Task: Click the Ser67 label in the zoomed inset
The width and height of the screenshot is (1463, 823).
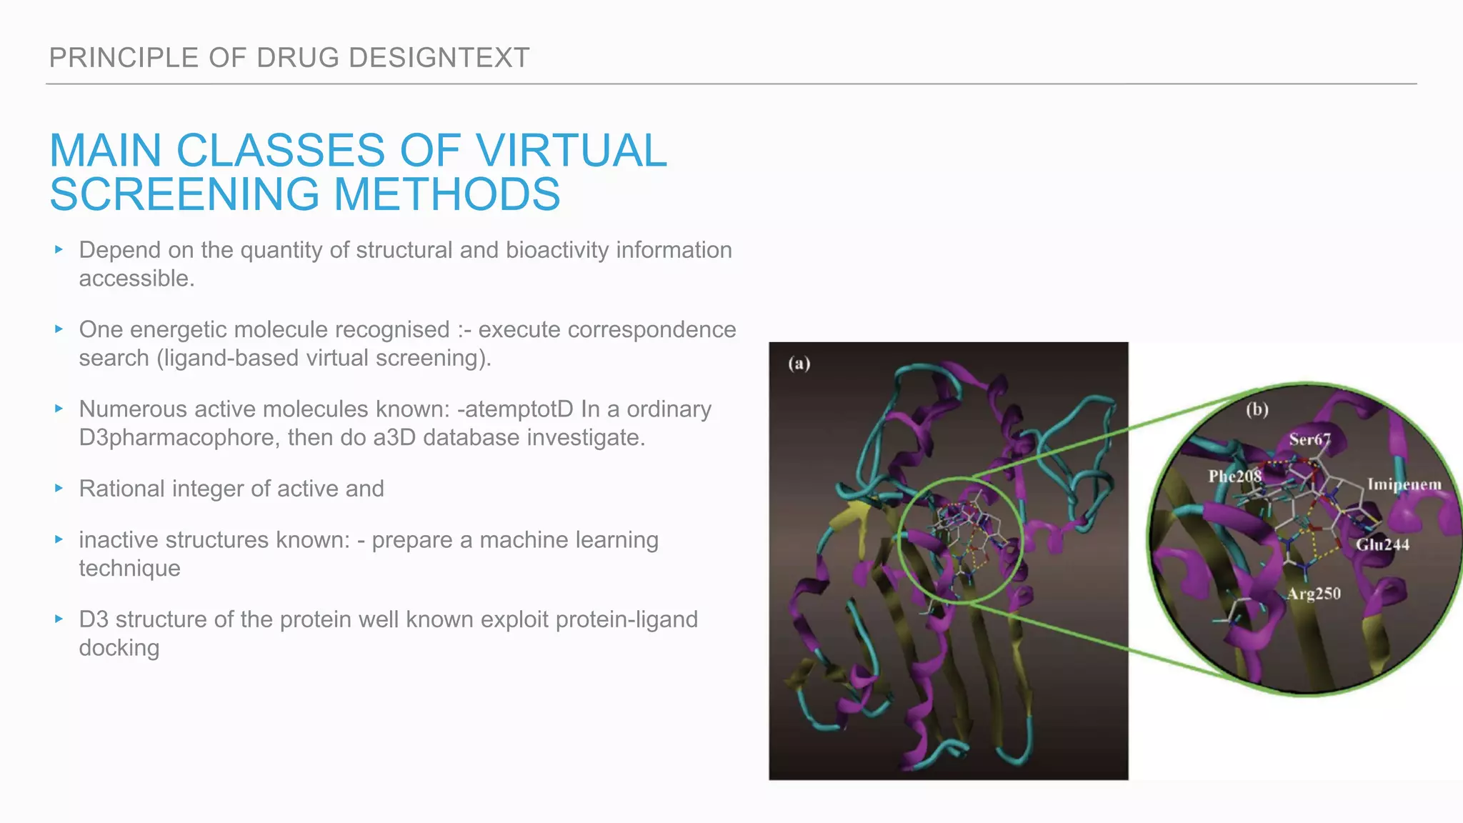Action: coord(1309,439)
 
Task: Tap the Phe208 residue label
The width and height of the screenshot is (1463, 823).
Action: coord(1234,477)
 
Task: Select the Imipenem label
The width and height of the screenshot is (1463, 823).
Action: coord(1404,484)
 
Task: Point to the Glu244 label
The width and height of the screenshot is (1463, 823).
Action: coord(1383,544)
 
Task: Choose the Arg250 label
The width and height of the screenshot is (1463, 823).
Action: coord(1314,594)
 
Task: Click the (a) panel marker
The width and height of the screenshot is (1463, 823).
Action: coord(799,364)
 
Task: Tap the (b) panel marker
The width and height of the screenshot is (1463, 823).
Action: coord(1257,409)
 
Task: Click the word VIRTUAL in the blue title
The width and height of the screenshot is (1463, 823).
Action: coord(571,151)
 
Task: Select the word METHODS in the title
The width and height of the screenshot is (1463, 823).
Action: coord(447,194)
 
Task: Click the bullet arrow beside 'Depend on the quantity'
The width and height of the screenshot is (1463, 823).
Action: coord(59,249)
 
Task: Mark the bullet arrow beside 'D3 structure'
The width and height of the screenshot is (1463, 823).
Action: coord(59,619)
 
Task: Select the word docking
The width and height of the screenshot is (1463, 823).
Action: coord(119,648)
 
